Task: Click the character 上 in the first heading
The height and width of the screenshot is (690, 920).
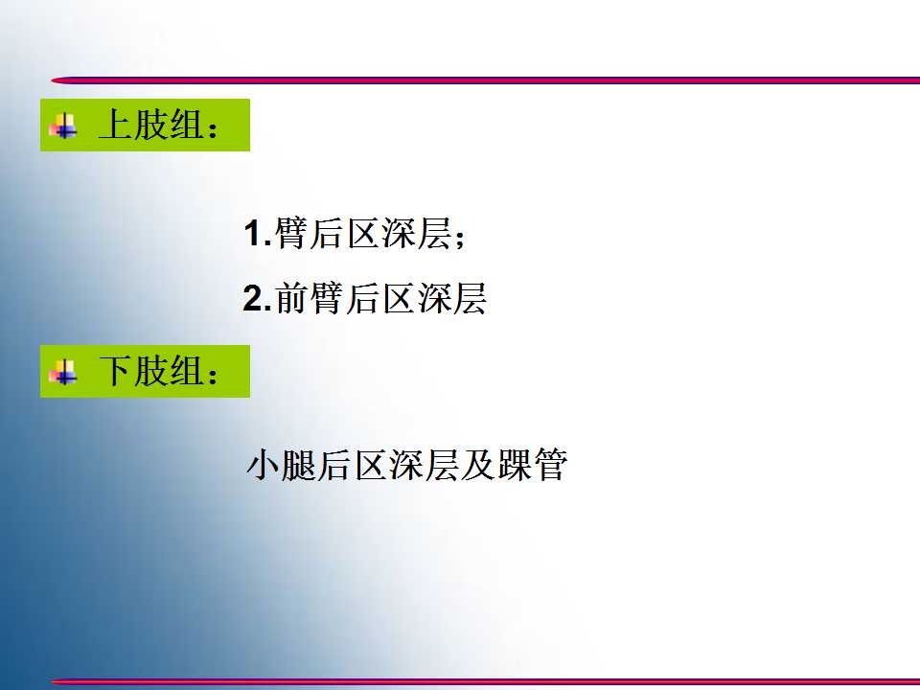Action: (x=116, y=125)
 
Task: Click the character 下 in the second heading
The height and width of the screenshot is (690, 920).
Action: (x=116, y=371)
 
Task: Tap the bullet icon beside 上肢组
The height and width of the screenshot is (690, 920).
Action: (x=63, y=125)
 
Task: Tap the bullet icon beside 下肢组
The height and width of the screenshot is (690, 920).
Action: (x=63, y=372)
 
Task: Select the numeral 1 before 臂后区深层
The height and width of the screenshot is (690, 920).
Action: (x=253, y=233)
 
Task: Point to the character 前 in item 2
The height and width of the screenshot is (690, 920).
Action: (x=292, y=298)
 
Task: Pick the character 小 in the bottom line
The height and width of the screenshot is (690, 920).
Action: (x=263, y=465)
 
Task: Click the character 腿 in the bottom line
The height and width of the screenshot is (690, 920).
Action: (x=298, y=465)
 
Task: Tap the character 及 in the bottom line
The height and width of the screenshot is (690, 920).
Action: (x=477, y=465)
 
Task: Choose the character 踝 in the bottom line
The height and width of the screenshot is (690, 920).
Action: (x=514, y=465)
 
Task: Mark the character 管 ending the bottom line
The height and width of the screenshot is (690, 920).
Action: (x=550, y=465)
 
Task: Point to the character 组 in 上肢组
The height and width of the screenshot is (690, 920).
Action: (x=187, y=125)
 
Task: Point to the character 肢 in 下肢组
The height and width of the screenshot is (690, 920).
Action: (x=151, y=371)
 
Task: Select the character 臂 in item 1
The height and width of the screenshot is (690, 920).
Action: (x=291, y=233)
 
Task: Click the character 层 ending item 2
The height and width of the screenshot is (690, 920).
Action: (x=470, y=298)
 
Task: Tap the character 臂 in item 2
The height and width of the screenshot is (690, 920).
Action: (x=328, y=298)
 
